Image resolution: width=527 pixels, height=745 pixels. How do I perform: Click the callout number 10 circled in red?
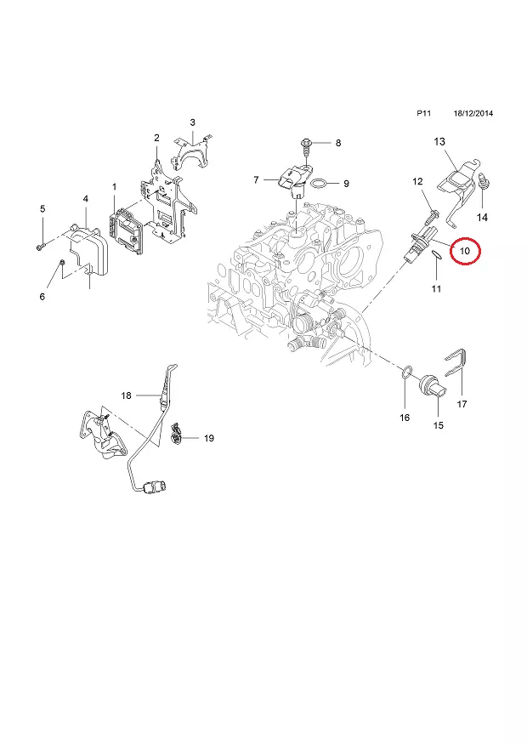coord(465,252)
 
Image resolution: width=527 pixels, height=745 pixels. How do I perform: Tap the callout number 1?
coord(115,185)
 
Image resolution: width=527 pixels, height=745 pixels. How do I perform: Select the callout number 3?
coord(193,122)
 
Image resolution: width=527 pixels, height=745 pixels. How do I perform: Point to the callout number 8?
coord(337,143)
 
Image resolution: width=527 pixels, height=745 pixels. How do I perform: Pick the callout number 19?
coord(209,438)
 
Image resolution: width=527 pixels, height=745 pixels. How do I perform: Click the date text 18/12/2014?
coord(473,113)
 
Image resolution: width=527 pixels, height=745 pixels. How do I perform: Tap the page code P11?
coord(422,113)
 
